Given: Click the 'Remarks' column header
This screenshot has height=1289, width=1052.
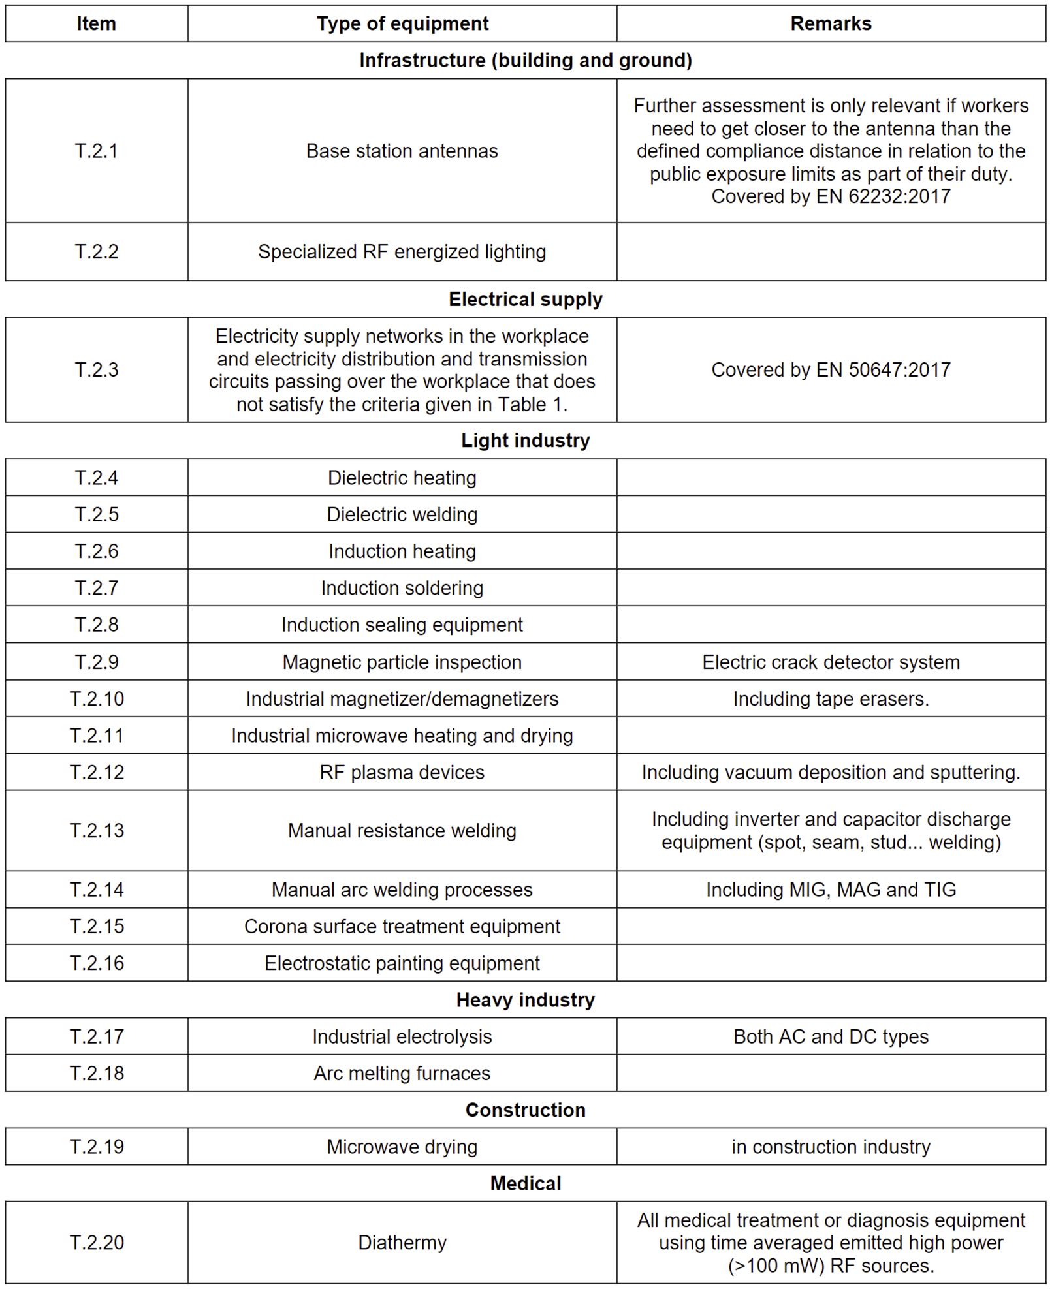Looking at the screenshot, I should pos(830,24).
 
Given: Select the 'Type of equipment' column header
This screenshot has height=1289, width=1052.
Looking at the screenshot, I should pos(402,24).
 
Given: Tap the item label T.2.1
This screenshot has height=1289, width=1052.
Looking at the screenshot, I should pos(96,151).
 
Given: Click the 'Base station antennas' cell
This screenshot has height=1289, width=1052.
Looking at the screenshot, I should pos(402,151).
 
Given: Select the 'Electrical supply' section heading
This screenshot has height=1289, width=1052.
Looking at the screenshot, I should pos(525,300).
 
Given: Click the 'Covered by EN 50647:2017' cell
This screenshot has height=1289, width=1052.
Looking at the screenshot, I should pos(830,370).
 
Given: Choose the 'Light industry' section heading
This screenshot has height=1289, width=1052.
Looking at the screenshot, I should pos(525,441).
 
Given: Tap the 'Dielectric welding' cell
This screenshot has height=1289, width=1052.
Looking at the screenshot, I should pos(402,514).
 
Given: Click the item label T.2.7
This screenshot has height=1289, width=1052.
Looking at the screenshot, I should pos(96,588).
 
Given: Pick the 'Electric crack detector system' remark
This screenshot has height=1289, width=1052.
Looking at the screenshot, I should pos(830,662).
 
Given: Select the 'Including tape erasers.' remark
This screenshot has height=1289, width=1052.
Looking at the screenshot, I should pos(830,699).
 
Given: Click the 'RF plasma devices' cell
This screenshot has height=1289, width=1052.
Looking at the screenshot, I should pos(402,772).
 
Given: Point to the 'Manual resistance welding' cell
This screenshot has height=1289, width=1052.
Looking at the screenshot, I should pos(402,830).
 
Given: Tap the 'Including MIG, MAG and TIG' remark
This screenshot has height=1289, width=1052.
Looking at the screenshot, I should pos(830,890).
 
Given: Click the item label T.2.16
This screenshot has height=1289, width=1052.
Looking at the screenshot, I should pos(96,963).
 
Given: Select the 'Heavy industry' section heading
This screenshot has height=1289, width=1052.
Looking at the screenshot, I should pos(525,1000).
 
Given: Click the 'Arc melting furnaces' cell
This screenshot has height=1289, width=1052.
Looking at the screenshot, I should pos(402,1073).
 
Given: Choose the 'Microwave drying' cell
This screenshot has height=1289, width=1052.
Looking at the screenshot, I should pos(402,1147).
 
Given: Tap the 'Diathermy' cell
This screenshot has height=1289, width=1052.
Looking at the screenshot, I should pos(402,1242).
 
